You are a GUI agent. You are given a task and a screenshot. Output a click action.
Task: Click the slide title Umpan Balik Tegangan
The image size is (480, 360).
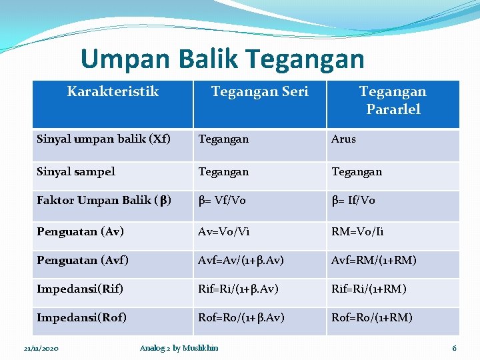pyautogui.click(x=222, y=59)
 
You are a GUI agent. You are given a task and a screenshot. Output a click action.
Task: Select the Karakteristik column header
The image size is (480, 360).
pyautogui.click(x=113, y=91)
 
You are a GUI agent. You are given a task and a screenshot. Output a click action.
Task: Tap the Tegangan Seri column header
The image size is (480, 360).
pyautogui.click(x=259, y=91)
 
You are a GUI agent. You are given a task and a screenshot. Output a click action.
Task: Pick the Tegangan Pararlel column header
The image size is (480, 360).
pyautogui.click(x=392, y=100)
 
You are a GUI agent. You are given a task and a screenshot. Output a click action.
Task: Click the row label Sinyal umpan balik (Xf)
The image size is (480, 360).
pyautogui.click(x=103, y=139)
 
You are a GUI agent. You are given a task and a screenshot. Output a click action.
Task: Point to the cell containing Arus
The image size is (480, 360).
pyautogui.click(x=344, y=139)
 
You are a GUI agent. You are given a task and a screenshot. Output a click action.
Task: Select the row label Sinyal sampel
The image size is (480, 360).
pyautogui.click(x=76, y=171)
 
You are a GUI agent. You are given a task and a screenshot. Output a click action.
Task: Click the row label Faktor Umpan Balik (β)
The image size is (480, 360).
pyautogui.click(x=104, y=201)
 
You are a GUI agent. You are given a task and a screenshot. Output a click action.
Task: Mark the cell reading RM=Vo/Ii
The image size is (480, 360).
pyautogui.click(x=357, y=232)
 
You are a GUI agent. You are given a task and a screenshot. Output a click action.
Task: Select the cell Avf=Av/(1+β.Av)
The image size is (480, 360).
pyautogui.click(x=241, y=260)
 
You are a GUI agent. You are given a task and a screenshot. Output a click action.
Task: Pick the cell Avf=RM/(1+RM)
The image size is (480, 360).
pyautogui.click(x=373, y=260)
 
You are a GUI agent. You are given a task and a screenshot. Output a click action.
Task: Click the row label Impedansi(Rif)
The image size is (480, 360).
pyautogui.click(x=80, y=289)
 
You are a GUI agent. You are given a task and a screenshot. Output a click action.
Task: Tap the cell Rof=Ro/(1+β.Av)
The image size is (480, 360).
pyautogui.click(x=241, y=317)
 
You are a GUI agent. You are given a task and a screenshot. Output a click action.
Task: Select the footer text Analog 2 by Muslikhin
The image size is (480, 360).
pyautogui.click(x=179, y=348)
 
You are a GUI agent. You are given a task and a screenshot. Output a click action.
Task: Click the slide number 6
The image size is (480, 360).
pyautogui.click(x=454, y=349)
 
